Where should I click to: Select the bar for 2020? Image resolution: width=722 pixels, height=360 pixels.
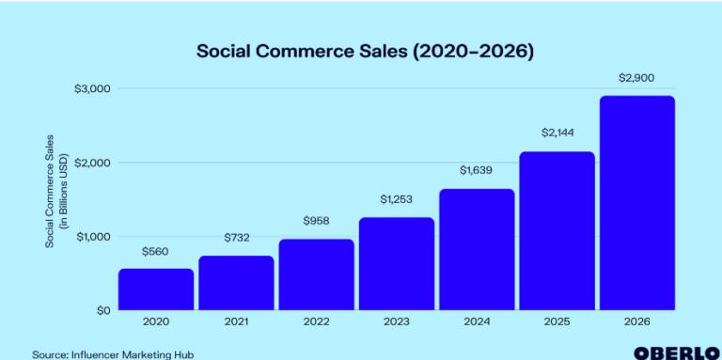tap(156, 289)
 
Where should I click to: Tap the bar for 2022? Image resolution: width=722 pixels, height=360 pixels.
tap(316, 274)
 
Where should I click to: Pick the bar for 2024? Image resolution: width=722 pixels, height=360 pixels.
tap(477, 248)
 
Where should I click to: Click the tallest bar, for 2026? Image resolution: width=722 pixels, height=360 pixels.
tap(636, 202)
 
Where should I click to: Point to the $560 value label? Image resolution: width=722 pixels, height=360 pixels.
tap(156, 253)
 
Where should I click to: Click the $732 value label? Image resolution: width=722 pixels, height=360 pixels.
tap(236, 240)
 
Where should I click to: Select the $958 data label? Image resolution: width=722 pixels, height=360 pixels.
tap(316, 223)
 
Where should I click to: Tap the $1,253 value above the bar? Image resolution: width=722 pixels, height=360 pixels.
tap(396, 200)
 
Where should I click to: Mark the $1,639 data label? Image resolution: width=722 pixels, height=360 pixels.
tap(477, 171)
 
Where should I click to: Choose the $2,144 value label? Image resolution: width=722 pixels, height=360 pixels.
tap(557, 133)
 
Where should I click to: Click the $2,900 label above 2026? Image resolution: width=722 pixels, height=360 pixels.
tap(636, 77)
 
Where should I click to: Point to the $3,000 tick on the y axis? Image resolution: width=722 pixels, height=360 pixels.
tap(92, 88)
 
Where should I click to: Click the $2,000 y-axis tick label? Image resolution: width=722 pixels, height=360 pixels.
tap(92, 163)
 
